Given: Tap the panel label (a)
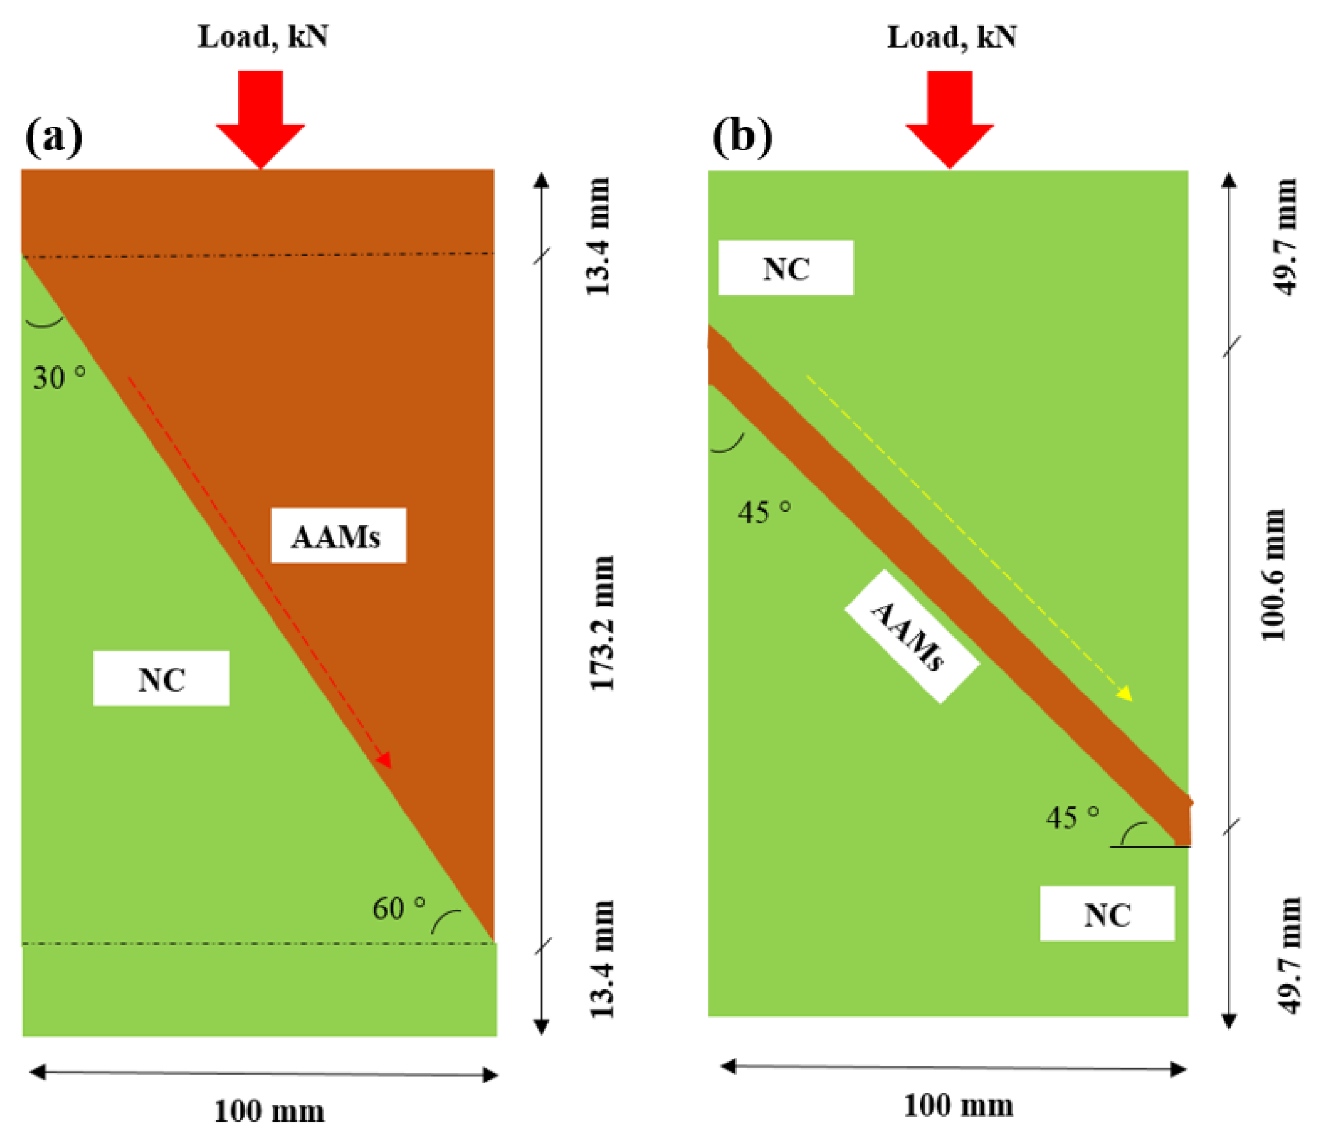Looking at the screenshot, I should pyautogui.click(x=53, y=136).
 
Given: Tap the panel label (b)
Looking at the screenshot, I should pyautogui.click(x=742, y=136).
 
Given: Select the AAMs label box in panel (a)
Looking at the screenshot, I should pyautogui.click(x=338, y=536).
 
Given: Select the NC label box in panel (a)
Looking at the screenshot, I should pyautogui.click(x=161, y=679).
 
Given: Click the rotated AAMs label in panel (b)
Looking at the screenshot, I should pyautogui.click(x=911, y=636).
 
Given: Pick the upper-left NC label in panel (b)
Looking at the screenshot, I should pyautogui.click(x=785, y=268).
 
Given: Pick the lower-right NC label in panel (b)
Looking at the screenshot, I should pyautogui.click(x=1107, y=914).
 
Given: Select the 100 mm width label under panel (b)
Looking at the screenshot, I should pyautogui.click(x=958, y=1106).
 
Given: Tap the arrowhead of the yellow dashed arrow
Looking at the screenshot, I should pyautogui.click(x=1123, y=693).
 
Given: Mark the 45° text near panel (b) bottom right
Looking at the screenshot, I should pyautogui.click(x=1072, y=817).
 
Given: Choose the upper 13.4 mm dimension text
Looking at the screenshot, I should pyautogui.click(x=599, y=236).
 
